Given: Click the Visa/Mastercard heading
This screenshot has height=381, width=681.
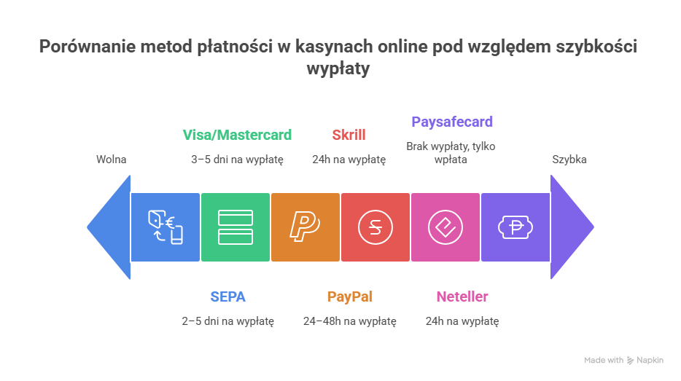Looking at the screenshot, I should [x=237, y=135].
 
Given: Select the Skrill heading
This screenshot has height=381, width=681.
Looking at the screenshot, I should [x=349, y=135].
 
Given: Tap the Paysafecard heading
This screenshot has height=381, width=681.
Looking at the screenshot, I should [x=452, y=122].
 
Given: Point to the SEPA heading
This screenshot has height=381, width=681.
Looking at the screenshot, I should [x=227, y=297].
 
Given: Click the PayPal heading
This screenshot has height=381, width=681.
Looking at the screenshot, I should [x=350, y=297].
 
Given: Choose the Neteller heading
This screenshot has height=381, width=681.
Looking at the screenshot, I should [x=462, y=297].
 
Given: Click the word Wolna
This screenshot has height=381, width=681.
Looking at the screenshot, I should [x=111, y=159].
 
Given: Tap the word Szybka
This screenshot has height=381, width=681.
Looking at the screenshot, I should [x=569, y=159].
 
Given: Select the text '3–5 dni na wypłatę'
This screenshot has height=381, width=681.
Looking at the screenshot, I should [x=237, y=159].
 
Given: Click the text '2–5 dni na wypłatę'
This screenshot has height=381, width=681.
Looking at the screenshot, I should [x=227, y=321].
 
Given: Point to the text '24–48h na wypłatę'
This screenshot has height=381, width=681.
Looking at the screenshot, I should [x=350, y=321].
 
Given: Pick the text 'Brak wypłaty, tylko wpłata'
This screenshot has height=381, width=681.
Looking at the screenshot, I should [x=451, y=152].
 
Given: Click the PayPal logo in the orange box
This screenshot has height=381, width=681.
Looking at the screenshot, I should [x=306, y=227].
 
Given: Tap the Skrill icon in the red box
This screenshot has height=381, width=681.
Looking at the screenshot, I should [x=375, y=227].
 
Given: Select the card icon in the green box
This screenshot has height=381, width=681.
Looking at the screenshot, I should [x=236, y=227].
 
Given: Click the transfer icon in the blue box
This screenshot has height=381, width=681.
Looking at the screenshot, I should [x=165, y=227].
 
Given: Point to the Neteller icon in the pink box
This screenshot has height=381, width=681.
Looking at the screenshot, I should [x=445, y=227].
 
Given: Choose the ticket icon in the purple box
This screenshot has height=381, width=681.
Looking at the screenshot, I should [x=515, y=227].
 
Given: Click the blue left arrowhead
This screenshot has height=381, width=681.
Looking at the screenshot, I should [x=109, y=227].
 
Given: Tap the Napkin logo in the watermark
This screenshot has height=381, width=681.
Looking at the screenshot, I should [x=631, y=361].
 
